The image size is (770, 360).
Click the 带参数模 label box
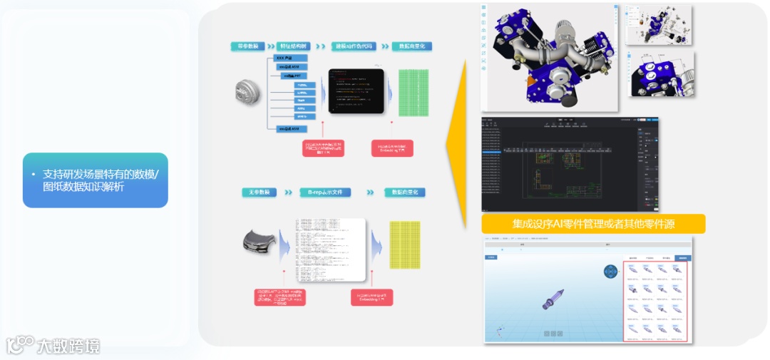coord(248,46)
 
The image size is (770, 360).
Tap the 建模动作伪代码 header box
coord(355,46)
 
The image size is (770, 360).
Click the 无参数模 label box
coord(260,192)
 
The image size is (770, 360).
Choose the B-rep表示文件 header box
coord(324,192)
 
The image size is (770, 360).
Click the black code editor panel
coord(356,91)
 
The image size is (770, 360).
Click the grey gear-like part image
coord(249,90)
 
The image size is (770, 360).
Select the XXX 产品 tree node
coord(290,57)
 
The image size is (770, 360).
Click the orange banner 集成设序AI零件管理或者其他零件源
coord(593,224)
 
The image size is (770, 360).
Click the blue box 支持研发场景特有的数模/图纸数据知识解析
coord(96,180)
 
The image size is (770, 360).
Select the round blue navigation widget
coord(611,272)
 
